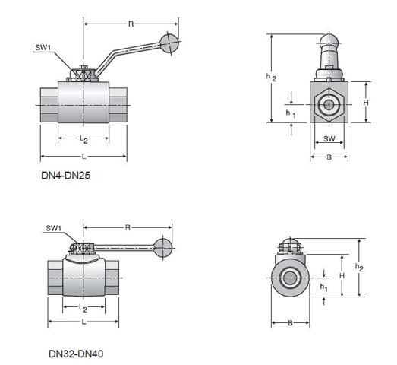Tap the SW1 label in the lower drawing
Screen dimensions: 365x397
pos(54,228)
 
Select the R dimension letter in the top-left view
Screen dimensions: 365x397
pos(131,24)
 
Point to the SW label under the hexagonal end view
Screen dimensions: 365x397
pos(329,138)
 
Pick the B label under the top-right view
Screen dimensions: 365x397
pos(329,157)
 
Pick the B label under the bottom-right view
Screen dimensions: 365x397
pos(291,323)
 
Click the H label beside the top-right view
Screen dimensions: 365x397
pos(365,102)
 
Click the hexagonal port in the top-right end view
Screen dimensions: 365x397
pos(329,103)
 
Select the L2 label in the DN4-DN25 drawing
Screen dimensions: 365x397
pos(83,138)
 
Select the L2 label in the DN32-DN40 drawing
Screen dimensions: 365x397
pos(83,308)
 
